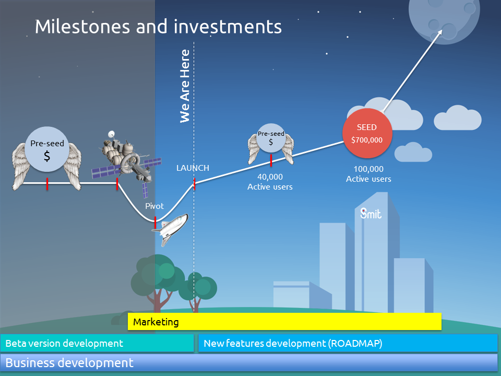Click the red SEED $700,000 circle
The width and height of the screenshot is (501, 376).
(367, 133)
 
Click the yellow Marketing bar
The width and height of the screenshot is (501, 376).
(284, 321)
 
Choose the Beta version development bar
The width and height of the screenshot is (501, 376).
(97, 343)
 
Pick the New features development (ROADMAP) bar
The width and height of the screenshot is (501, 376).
(348, 343)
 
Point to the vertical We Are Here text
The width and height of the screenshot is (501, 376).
(185, 86)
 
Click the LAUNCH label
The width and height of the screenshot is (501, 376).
(193, 168)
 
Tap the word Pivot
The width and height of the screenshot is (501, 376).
(154, 206)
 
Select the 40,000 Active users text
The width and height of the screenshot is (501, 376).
(270, 182)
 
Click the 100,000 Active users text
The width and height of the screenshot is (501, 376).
(368, 173)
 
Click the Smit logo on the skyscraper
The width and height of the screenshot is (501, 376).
(371, 213)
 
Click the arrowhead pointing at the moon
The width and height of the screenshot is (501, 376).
(439, 32)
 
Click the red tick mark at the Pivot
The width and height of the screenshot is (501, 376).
(155, 222)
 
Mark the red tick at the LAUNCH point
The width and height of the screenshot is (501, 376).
(194, 184)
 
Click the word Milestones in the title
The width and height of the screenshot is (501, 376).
(82, 26)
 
